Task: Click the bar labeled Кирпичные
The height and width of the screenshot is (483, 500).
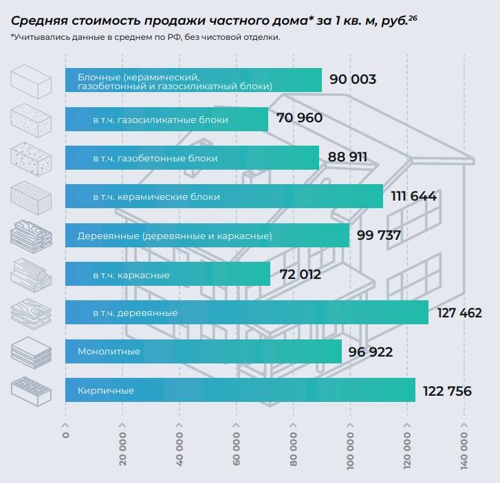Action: click(240, 390)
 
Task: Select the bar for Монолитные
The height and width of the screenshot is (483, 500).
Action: click(204, 352)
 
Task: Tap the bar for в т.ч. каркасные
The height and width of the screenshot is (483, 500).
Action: click(168, 275)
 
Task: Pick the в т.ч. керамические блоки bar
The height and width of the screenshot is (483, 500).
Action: click(224, 196)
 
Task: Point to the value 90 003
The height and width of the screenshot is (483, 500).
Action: click(353, 80)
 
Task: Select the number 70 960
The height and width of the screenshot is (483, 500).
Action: click(299, 118)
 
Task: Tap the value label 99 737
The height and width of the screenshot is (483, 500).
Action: click(379, 236)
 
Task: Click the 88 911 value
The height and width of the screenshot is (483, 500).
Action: click(347, 157)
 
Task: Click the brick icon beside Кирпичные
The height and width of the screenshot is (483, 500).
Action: click(32, 391)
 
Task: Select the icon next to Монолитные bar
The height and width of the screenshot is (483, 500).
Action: click(32, 352)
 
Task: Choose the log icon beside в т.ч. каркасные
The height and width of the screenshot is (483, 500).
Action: click(32, 275)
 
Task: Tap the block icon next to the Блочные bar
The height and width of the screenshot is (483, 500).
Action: click(32, 80)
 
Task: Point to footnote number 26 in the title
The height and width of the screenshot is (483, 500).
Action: click(413, 16)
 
